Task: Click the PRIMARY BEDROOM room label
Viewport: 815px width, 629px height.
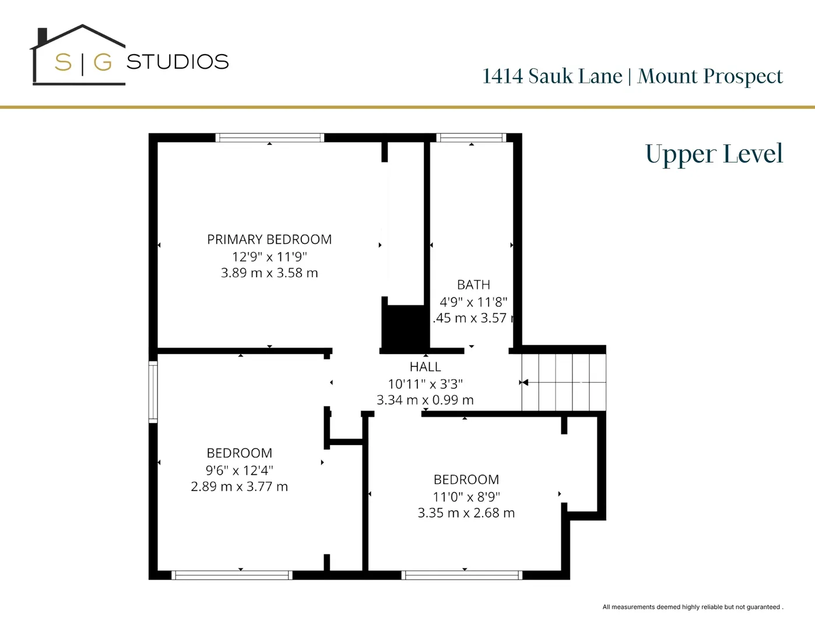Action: (269, 239)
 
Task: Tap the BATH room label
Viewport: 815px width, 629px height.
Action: (473, 285)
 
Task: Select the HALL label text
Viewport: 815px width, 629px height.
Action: (425, 367)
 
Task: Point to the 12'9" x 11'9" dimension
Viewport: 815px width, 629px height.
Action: (269, 256)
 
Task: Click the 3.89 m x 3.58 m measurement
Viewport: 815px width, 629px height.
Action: (269, 273)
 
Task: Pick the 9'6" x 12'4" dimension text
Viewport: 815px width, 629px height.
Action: (239, 470)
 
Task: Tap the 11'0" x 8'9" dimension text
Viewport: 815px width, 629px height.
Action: (466, 497)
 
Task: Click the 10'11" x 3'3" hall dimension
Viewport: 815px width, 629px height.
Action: (425, 384)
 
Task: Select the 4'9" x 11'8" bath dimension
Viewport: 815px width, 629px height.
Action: (473, 302)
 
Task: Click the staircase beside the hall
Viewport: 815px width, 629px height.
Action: (564, 382)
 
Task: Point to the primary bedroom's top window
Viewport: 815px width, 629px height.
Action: (269, 138)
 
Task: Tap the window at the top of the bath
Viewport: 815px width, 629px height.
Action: (471, 138)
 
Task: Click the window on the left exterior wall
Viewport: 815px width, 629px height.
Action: (153, 391)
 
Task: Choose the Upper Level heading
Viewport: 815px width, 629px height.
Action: (714, 154)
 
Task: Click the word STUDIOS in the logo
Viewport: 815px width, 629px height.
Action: (178, 62)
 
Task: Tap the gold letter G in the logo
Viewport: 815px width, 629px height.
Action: (103, 62)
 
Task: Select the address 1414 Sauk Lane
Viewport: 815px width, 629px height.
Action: (552, 76)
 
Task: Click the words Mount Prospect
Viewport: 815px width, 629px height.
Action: (710, 76)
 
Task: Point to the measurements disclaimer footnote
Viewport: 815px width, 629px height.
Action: (693, 607)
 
